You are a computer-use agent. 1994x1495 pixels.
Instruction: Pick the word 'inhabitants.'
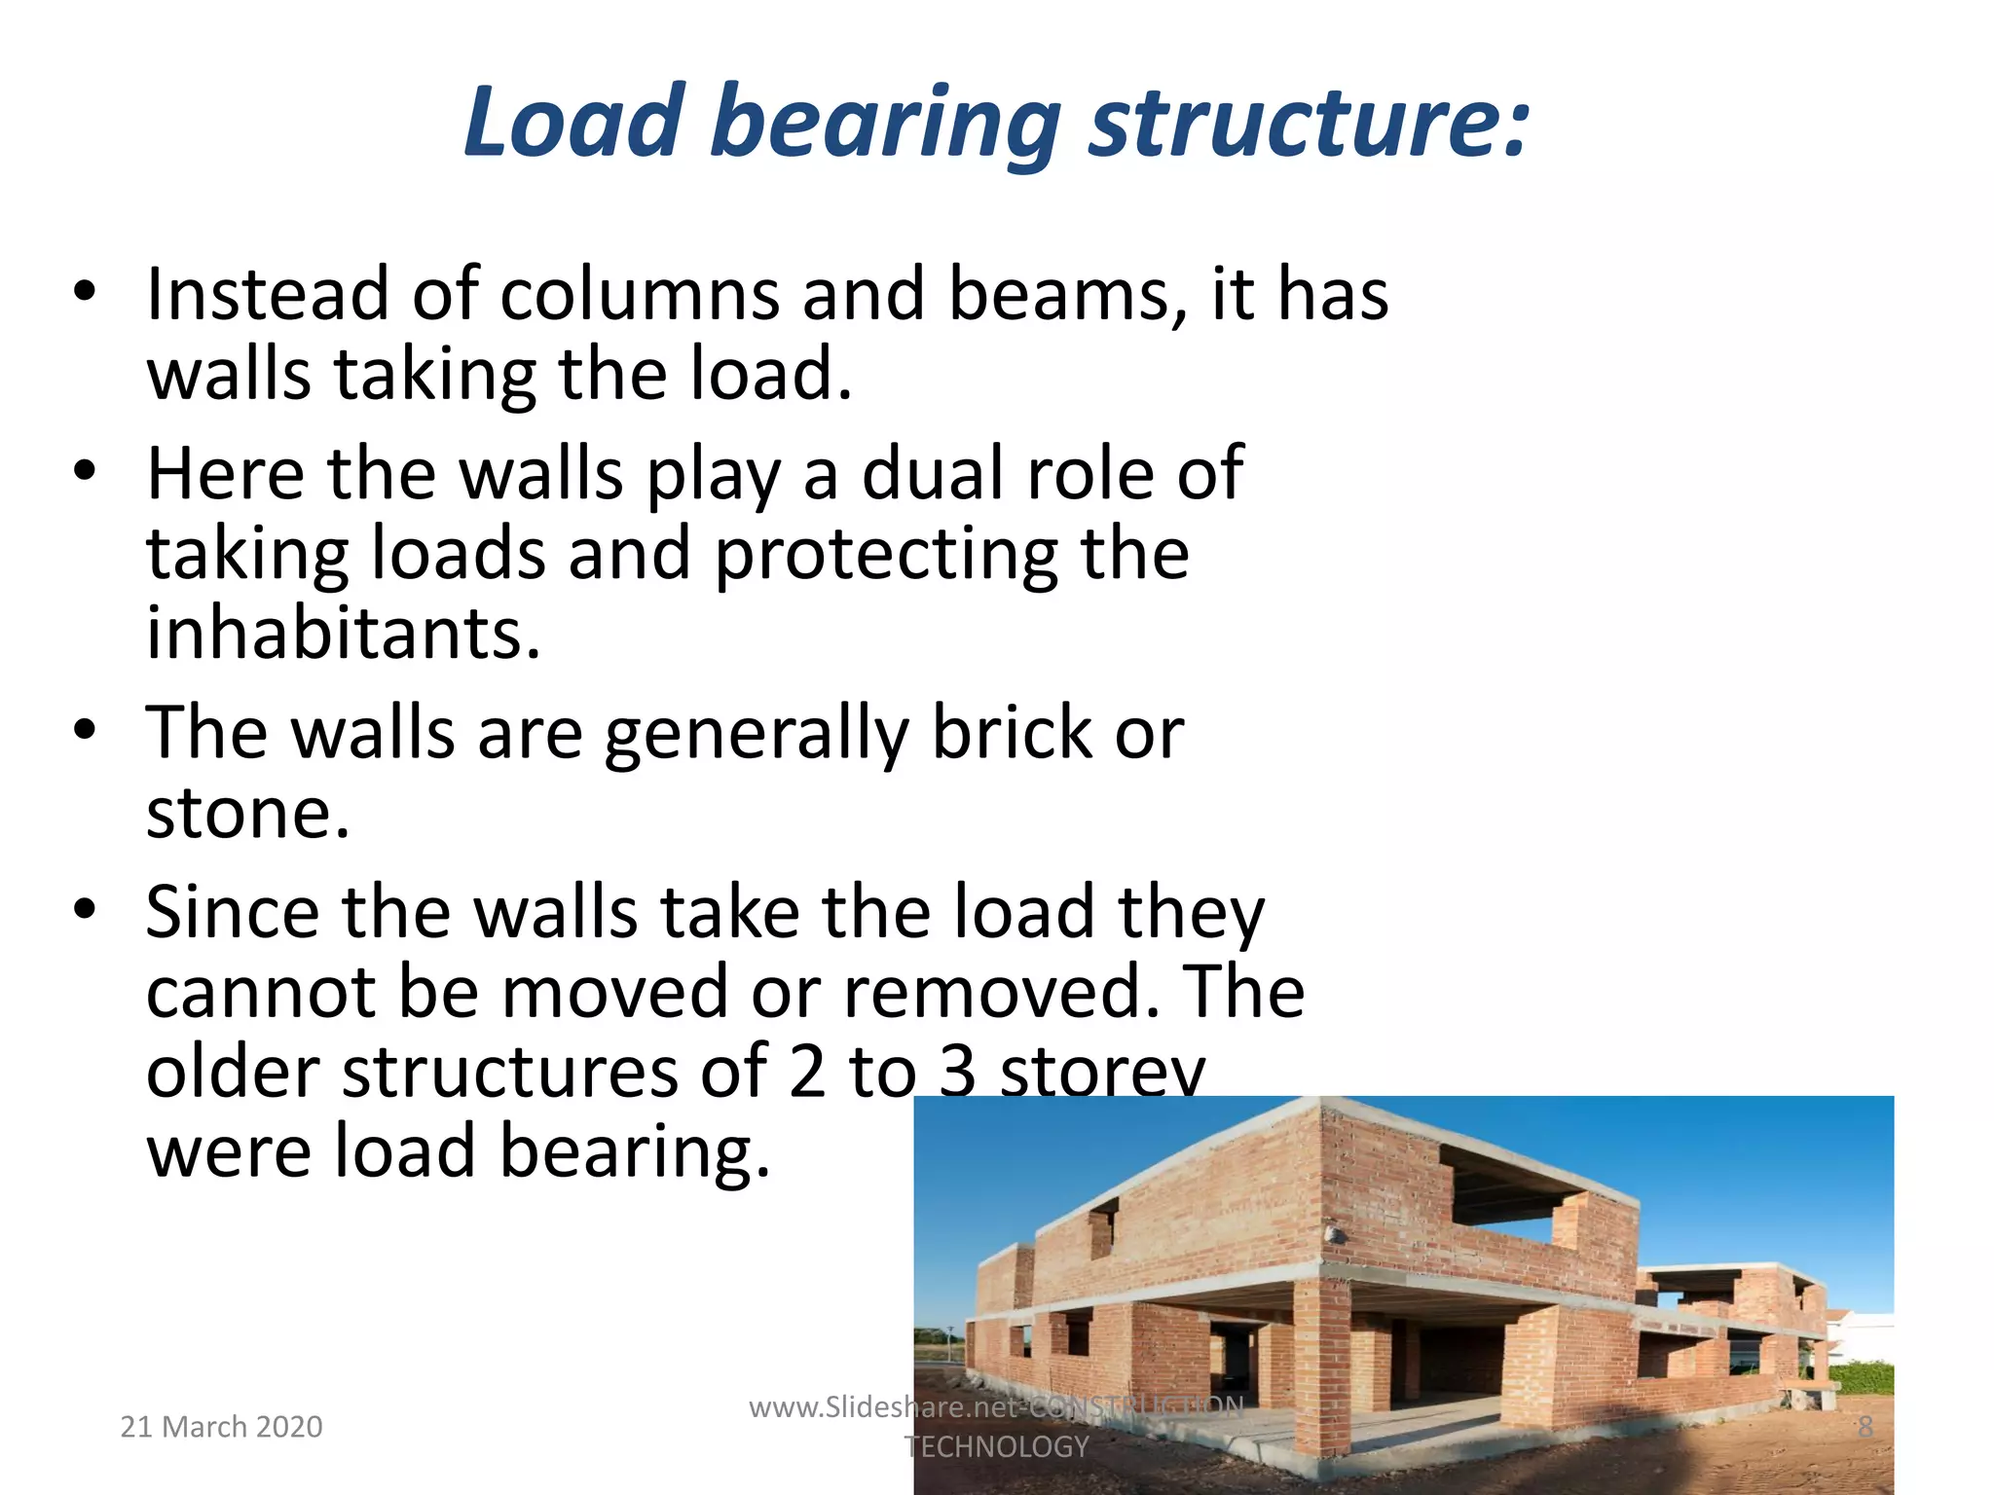(343, 634)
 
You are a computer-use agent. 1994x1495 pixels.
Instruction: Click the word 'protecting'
(885, 554)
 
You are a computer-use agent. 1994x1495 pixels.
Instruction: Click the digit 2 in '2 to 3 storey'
(807, 1072)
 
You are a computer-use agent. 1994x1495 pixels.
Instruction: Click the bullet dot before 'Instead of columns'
(86, 291)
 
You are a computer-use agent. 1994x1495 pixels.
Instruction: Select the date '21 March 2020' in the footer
(221, 1427)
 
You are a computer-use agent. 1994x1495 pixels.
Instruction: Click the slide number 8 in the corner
(1865, 1427)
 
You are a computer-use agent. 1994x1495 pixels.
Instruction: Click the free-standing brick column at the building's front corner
(1322, 1367)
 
